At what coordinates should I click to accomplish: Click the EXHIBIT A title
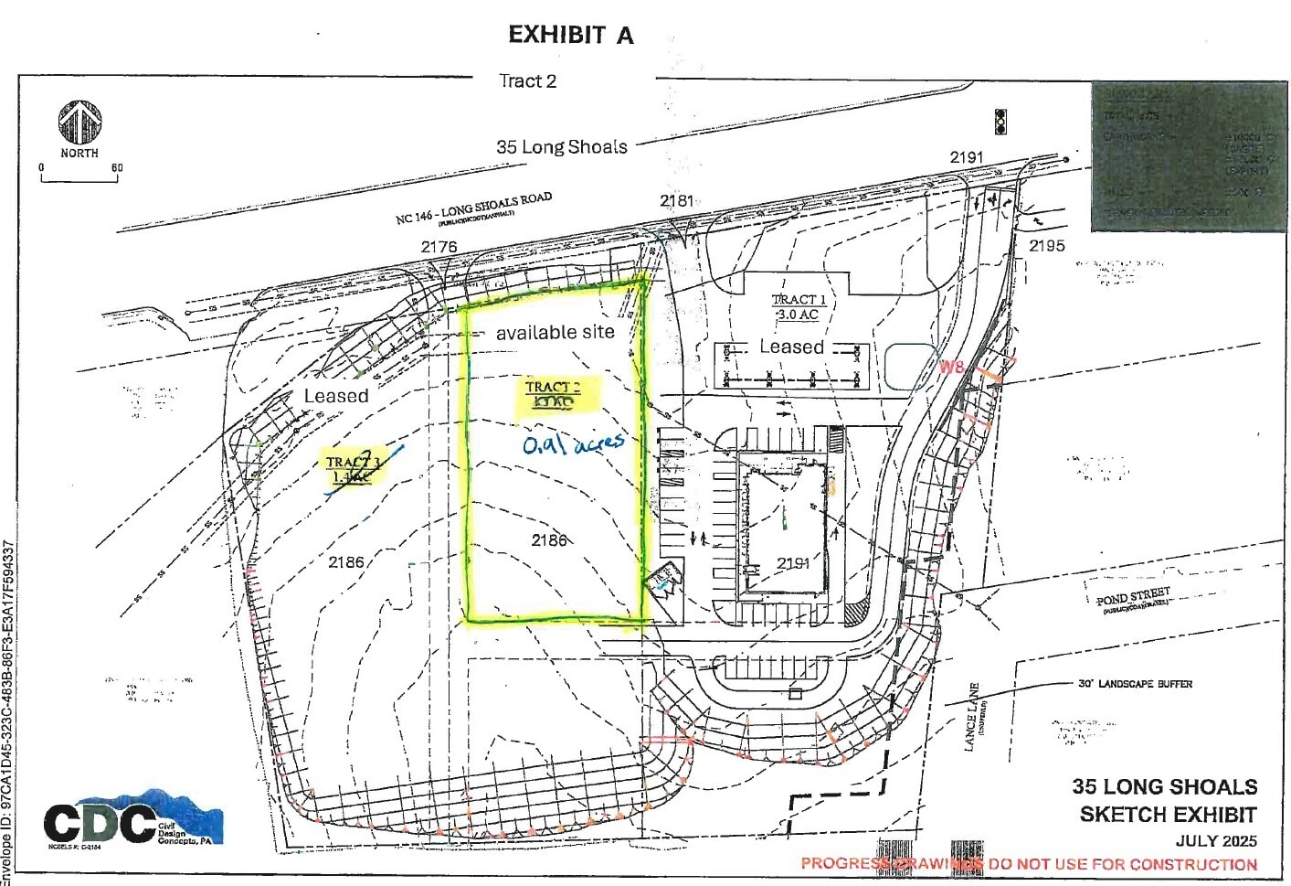pos(570,35)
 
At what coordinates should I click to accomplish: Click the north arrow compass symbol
pos(79,123)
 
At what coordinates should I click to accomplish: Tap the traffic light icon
pos(1000,122)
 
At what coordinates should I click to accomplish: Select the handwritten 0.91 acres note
pos(573,443)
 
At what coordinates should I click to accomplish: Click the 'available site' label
pos(555,333)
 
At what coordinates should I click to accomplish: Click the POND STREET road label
pos(1133,599)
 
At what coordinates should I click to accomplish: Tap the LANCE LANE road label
pos(974,717)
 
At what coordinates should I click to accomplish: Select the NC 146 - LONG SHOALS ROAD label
pos(473,208)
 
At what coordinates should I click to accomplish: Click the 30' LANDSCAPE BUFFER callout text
pos(1135,684)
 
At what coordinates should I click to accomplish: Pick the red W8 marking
pos(951,368)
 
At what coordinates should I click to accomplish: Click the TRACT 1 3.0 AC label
pos(798,306)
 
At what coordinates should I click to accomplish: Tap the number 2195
pos(1046,246)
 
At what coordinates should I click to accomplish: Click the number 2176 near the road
pos(439,247)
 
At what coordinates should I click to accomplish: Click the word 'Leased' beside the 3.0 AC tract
pos(791,347)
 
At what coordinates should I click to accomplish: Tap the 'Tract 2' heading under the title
pos(527,80)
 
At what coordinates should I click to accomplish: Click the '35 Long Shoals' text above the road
pos(561,146)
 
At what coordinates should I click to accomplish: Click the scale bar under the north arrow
pos(79,177)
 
